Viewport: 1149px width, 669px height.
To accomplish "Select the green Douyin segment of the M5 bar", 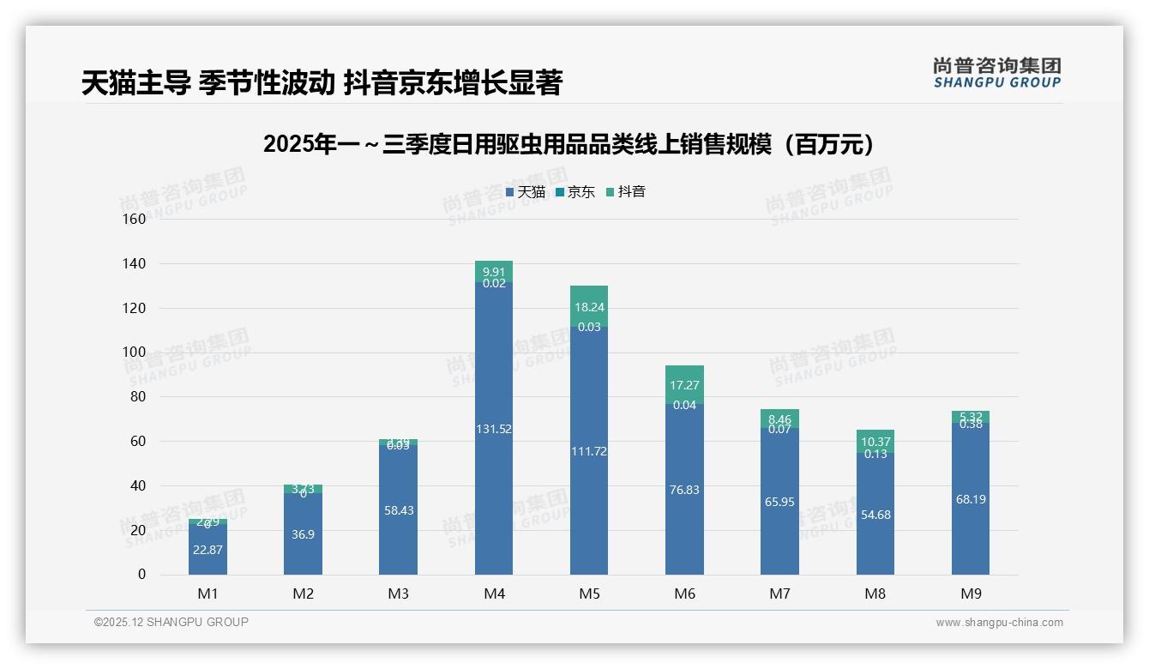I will pos(589,306).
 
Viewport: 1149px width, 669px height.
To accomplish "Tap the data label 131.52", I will pos(493,429).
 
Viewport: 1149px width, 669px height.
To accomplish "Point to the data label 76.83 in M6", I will pos(684,490).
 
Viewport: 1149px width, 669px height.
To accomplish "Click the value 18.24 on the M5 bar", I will pos(589,307).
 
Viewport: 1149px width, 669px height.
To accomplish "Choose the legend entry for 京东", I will pos(575,192).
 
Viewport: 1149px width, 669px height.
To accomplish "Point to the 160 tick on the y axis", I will pos(135,219).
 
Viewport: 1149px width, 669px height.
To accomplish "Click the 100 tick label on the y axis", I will pos(135,352).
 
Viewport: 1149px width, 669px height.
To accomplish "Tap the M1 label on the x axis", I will pos(208,594).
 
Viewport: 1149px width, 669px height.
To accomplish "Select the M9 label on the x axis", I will pos(970,594).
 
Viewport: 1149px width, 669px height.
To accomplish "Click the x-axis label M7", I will pos(779,594).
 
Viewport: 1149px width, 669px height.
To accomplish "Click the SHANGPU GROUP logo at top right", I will pos(996,73).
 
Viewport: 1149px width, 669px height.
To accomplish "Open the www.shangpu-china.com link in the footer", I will pos(999,623).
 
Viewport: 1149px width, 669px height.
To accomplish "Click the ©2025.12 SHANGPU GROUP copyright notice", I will pos(171,622).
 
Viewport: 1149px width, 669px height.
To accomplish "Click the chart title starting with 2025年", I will pos(573,144).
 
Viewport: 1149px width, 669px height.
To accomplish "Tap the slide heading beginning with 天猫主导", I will pos(322,83).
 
